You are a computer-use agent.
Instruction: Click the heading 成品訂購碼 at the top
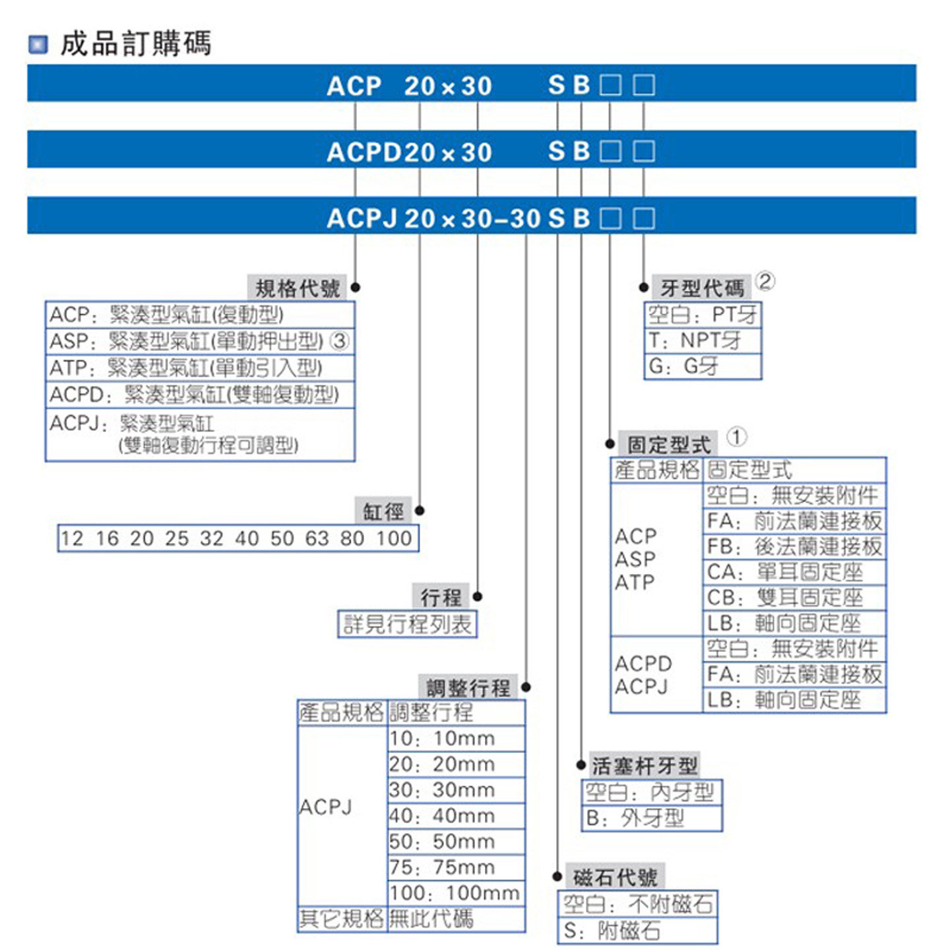(x=135, y=44)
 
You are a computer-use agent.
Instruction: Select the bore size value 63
(x=317, y=538)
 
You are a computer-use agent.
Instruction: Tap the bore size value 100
(x=394, y=538)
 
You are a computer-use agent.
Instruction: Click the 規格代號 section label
(x=298, y=288)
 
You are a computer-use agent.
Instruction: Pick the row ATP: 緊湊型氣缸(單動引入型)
(x=185, y=367)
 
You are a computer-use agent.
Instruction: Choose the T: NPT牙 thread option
(x=695, y=340)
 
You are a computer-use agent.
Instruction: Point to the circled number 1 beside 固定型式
(x=736, y=437)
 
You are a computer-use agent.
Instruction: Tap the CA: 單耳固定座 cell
(x=785, y=572)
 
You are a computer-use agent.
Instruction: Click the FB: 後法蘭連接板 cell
(x=794, y=546)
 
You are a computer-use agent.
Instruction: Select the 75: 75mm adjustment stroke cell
(x=441, y=867)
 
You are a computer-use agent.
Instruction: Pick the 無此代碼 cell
(x=431, y=918)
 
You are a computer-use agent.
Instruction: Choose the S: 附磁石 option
(x=612, y=931)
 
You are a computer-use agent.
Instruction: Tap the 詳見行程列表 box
(x=407, y=623)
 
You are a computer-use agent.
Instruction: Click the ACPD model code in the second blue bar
(x=364, y=152)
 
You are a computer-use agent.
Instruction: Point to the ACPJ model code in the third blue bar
(x=362, y=218)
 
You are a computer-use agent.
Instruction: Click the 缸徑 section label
(x=383, y=511)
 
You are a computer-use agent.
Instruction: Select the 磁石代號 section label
(x=615, y=877)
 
